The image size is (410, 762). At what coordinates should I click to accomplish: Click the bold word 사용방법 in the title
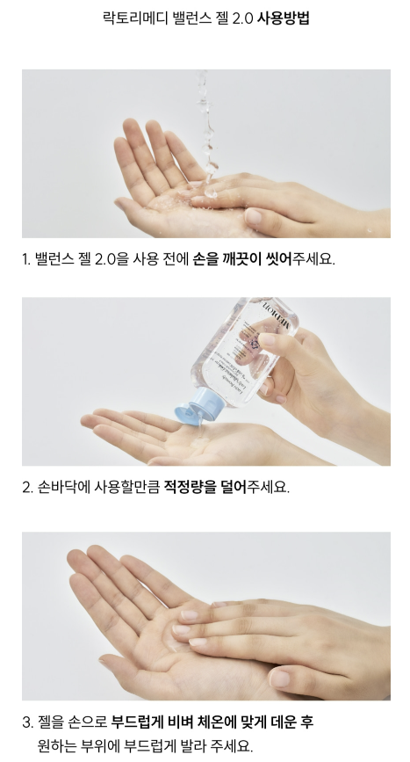coord(283,18)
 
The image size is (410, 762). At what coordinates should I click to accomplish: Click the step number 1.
coord(25,259)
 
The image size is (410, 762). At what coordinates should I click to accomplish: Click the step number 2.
coord(27,487)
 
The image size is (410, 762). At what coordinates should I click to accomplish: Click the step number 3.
coord(27,722)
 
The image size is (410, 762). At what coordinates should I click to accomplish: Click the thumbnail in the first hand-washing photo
coord(254,216)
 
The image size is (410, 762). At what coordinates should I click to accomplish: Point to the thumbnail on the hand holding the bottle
coord(268,340)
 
